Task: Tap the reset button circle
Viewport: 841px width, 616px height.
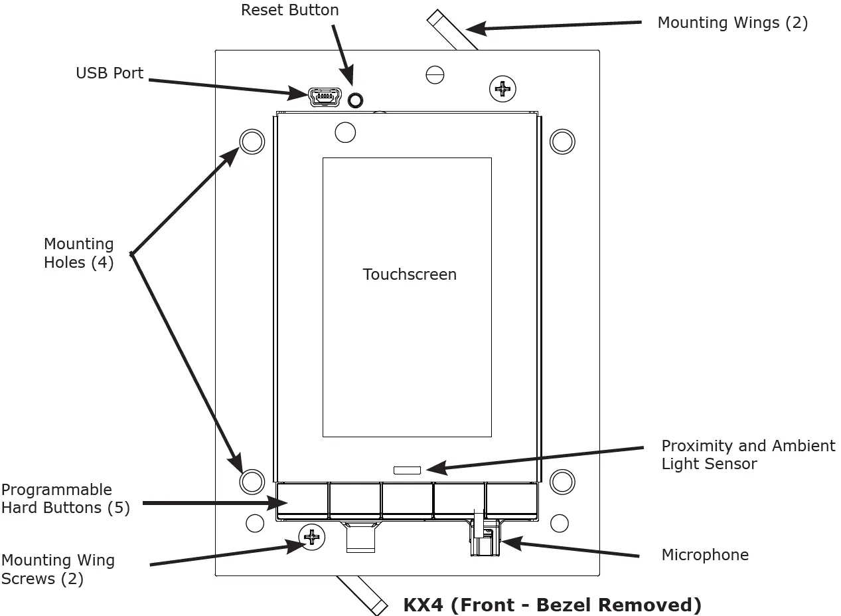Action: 356,100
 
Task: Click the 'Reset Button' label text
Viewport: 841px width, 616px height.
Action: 289,11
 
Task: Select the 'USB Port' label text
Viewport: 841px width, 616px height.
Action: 110,73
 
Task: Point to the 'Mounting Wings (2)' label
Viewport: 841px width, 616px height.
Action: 732,23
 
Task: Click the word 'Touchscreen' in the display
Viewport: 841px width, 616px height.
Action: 410,274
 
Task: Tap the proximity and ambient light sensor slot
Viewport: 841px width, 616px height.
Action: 407,470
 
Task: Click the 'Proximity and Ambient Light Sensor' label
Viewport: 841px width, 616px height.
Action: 748,455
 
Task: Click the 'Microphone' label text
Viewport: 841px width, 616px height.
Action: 705,555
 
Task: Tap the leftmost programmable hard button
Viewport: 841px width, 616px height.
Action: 303,500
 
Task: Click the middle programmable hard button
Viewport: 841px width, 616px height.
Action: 407,500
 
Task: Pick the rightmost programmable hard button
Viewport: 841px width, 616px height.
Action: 511,500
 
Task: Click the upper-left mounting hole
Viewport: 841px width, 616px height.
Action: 252,142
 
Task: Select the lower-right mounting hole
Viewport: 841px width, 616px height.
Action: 562,482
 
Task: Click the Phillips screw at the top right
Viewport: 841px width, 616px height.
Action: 502,88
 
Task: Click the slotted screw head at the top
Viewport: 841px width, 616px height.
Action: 435,75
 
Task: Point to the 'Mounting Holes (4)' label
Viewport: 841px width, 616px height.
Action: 78,253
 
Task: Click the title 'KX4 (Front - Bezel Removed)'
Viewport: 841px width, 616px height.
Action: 552,605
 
